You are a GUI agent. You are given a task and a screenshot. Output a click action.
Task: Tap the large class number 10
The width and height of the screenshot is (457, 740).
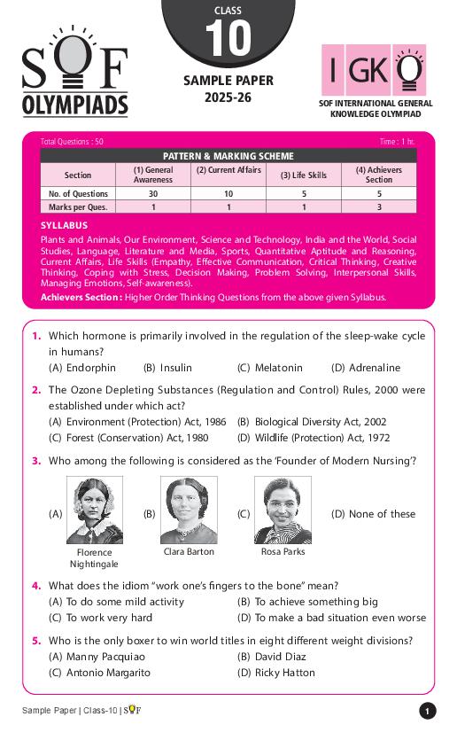[228, 40]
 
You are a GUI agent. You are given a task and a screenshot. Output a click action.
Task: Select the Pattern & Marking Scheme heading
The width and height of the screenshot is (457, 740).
[228, 155]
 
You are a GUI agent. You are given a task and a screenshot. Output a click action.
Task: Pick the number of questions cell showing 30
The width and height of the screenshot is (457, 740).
[153, 193]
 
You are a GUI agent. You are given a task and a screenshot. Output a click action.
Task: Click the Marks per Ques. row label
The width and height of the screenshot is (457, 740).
[78, 206]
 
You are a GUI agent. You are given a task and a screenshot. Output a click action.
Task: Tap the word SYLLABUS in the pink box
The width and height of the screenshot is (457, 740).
[64, 226]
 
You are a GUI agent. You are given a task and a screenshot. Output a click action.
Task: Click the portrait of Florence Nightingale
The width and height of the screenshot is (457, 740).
[94, 510]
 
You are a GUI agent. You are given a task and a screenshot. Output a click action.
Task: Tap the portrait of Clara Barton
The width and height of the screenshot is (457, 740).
[189, 510]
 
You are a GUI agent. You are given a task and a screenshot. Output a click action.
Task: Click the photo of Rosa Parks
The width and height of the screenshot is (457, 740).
[283, 510]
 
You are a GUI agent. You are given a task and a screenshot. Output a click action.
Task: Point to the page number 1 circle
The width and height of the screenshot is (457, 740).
[427, 711]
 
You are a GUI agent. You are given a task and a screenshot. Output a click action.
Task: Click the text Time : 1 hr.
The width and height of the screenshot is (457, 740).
[396, 142]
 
